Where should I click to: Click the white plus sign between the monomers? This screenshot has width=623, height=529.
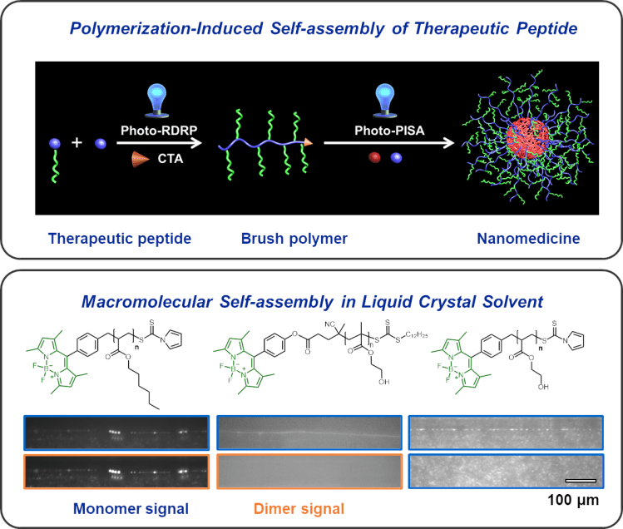[77, 143]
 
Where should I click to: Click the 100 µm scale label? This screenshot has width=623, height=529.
[574, 501]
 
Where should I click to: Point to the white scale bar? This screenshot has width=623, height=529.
[581, 480]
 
